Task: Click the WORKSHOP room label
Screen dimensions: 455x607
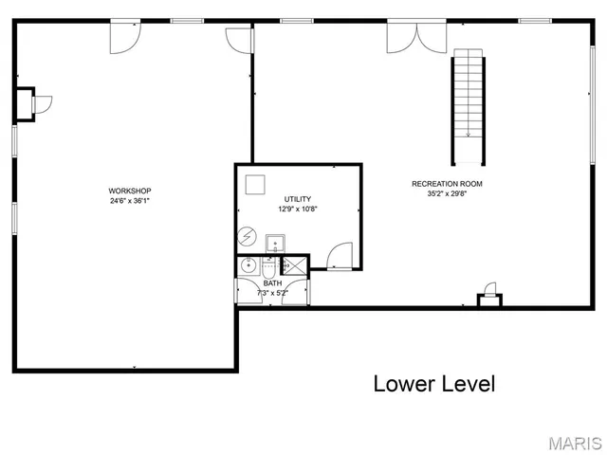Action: [x=130, y=191]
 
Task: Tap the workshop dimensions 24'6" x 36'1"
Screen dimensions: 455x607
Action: [x=130, y=201]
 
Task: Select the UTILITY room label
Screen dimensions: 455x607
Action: [x=298, y=199]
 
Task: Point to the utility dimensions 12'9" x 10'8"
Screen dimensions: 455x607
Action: [x=298, y=209]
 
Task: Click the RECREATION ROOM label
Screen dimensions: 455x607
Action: [x=447, y=184]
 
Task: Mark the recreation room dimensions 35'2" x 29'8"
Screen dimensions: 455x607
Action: [x=447, y=193]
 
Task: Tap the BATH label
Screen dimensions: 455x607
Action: [x=272, y=283]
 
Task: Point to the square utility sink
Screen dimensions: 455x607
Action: [x=275, y=243]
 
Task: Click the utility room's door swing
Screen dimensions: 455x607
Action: [x=339, y=256]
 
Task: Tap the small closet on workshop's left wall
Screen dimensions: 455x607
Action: [x=25, y=104]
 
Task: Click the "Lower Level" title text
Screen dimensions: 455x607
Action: [x=433, y=384]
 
